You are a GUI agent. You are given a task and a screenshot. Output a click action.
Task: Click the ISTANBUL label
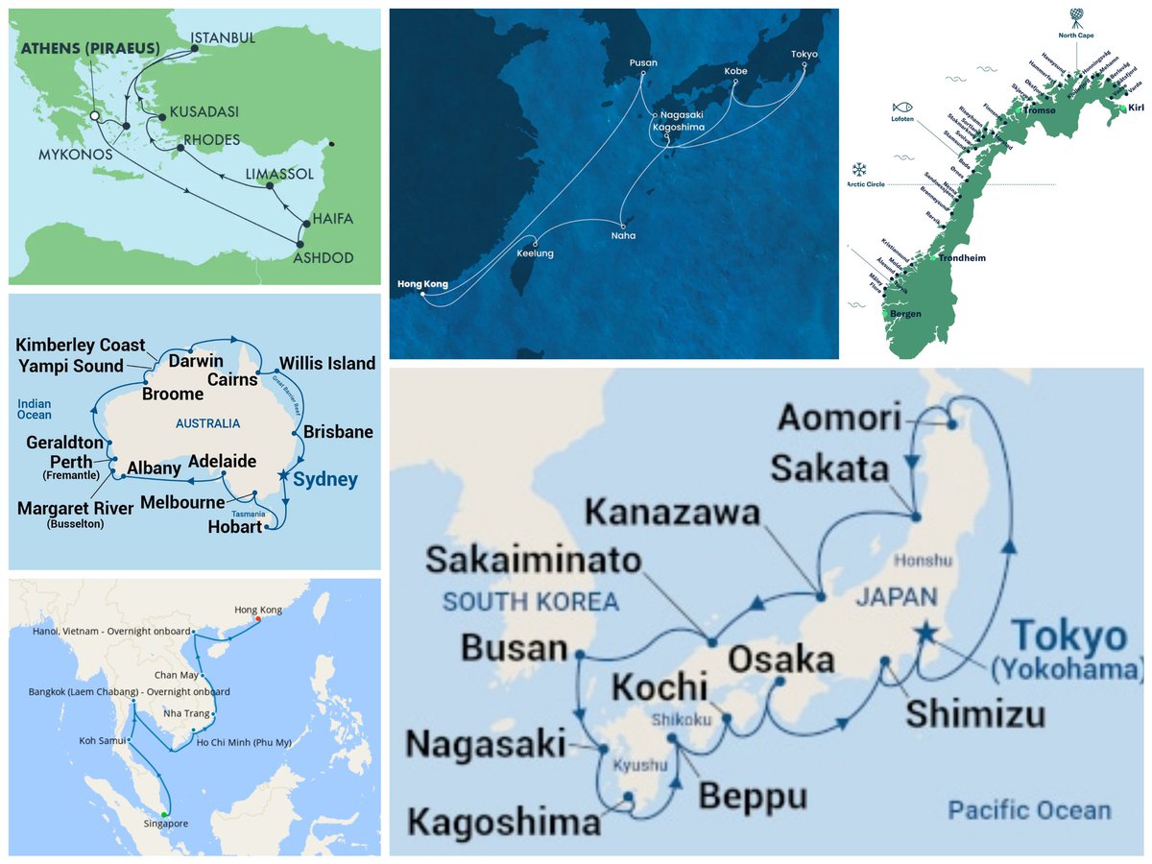tap(223, 37)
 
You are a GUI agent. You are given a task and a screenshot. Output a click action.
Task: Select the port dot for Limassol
tap(271, 186)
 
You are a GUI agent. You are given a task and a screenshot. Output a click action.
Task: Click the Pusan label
tap(643, 63)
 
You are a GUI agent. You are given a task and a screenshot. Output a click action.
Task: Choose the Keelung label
tap(534, 253)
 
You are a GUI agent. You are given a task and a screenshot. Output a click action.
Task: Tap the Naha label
tap(622, 235)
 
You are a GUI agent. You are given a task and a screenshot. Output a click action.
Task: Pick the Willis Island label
tap(326, 364)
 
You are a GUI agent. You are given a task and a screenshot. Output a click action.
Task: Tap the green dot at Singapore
tap(164, 815)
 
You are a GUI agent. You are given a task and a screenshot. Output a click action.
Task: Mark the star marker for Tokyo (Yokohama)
tap(925, 631)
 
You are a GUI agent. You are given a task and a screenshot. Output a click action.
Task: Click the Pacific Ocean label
tap(1029, 810)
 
